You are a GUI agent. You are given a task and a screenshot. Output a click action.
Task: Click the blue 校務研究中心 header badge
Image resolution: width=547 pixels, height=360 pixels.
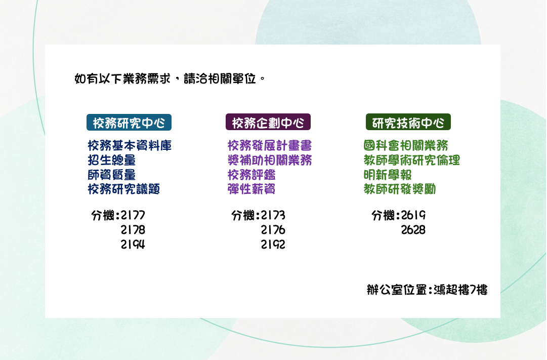[x=129, y=122]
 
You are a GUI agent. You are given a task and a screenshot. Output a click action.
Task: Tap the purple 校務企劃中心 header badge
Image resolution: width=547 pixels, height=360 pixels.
[x=268, y=122]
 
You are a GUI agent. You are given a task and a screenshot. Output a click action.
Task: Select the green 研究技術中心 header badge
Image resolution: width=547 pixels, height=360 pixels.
[x=408, y=122]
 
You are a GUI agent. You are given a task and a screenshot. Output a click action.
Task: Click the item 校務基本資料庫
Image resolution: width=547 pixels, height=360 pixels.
[x=130, y=146]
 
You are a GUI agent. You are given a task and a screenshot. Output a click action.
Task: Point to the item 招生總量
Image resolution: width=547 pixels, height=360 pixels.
[x=112, y=161]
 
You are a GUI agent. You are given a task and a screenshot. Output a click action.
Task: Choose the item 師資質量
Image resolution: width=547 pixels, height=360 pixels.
[x=112, y=175]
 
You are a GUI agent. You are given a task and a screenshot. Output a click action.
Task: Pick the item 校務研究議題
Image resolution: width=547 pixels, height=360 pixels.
[x=123, y=189]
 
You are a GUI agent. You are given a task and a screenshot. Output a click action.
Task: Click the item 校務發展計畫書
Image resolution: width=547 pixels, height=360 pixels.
[x=270, y=146]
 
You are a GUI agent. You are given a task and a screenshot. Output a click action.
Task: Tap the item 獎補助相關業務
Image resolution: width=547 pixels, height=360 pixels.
[x=270, y=161]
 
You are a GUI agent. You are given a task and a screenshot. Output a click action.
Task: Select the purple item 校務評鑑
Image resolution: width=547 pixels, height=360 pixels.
[x=251, y=175]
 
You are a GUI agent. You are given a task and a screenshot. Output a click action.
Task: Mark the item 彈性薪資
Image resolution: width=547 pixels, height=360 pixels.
[x=251, y=189]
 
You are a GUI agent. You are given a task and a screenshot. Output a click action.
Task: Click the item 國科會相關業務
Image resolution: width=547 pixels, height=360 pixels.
[x=406, y=146]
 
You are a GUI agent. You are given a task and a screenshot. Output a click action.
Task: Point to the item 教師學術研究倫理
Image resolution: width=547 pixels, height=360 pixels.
[x=412, y=161]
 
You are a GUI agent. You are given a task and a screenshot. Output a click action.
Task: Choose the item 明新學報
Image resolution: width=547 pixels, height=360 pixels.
[x=388, y=175]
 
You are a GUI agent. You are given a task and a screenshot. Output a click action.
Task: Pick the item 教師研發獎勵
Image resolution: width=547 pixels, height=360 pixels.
[x=400, y=189]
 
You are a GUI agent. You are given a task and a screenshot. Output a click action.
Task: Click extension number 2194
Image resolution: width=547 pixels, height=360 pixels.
[x=133, y=245]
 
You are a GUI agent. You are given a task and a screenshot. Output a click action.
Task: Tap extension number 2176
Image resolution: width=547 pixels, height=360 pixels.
[x=273, y=230]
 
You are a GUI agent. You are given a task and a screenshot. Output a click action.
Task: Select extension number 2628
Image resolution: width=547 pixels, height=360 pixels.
[x=413, y=230]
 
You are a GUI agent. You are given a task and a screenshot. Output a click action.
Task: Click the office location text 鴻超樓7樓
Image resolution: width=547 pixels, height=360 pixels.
[x=460, y=290]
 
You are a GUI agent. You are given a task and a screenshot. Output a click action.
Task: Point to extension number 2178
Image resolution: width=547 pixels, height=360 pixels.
[x=133, y=230]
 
